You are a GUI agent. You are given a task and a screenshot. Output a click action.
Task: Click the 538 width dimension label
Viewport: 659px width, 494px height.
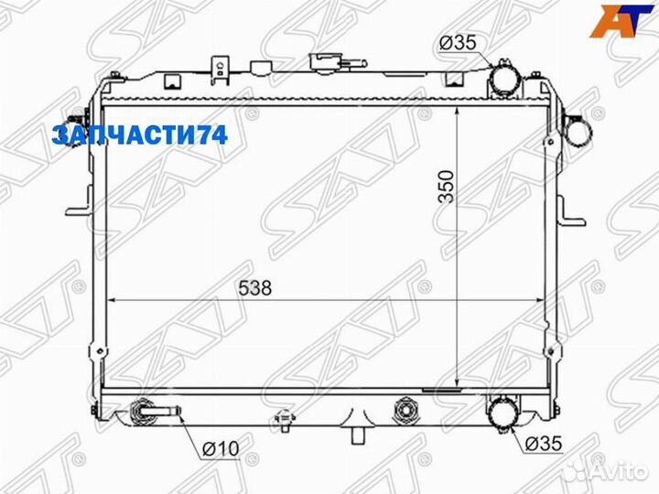click(x=256, y=287)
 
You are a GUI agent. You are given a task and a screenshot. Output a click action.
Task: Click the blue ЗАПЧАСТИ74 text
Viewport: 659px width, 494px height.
click(x=139, y=136)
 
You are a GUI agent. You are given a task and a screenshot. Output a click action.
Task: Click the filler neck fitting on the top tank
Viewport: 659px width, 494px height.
click(x=323, y=64)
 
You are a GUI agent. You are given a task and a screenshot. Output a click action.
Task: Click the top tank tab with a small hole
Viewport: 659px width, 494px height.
click(x=219, y=68)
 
